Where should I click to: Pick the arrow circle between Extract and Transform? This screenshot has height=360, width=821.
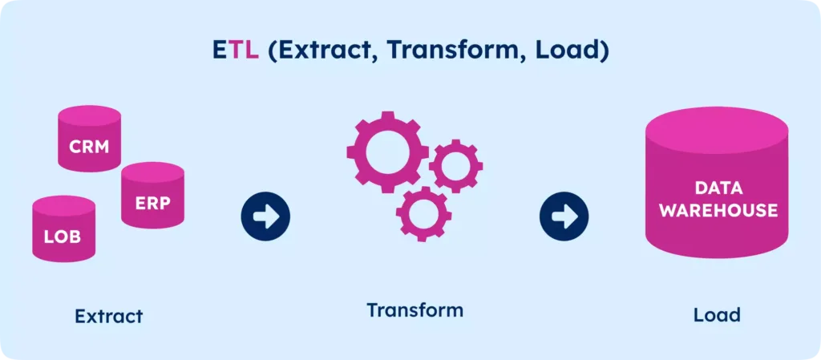(265, 216)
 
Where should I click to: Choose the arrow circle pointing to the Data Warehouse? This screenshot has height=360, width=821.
(564, 216)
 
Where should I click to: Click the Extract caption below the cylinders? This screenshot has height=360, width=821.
(109, 316)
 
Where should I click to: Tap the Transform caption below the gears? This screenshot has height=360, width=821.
(415, 309)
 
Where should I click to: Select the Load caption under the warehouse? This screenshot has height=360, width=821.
(717, 315)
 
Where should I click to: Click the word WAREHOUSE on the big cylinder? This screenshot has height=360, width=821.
(725, 211)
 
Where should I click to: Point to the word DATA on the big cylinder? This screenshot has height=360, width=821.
(719, 190)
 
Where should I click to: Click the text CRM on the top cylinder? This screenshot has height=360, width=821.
(89, 147)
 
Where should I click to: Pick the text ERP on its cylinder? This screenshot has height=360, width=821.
(152, 203)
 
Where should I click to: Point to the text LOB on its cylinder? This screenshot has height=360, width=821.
(63, 238)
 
